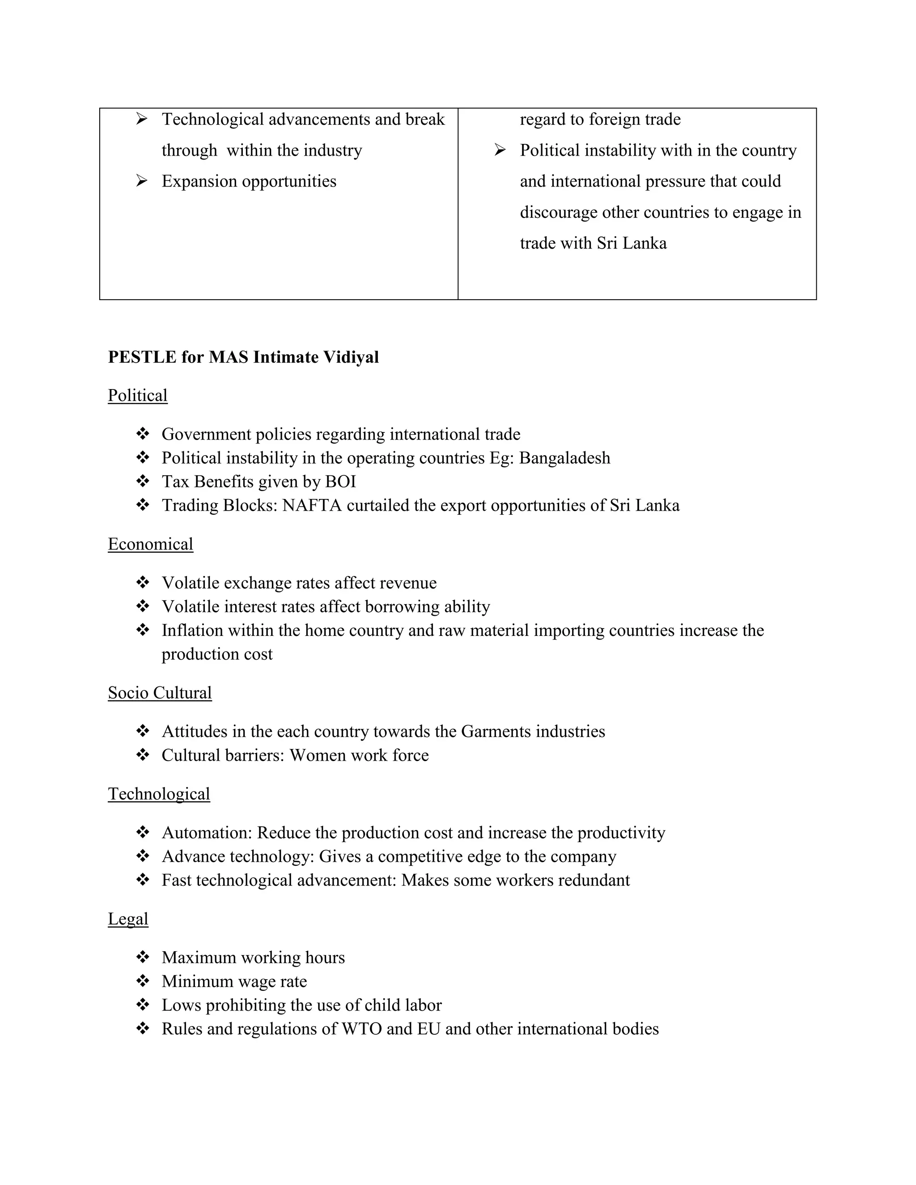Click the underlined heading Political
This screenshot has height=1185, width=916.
(x=137, y=396)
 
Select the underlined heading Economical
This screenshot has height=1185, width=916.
(x=150, y=544)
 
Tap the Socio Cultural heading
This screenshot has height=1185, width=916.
(x=160, y=693)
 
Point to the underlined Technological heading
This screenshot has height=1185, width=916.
(x=158, y=794)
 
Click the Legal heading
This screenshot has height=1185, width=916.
(x=128, y=918)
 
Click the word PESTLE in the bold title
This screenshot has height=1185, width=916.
(x=142, y=357)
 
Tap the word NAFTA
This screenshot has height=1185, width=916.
(x=311, y=506)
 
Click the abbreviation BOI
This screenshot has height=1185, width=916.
(x=340, y=482)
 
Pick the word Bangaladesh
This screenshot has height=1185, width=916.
(x=564, y=458)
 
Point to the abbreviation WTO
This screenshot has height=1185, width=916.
(x=361, y=1029)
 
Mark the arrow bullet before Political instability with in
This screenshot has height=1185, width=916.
(x=500, y=150)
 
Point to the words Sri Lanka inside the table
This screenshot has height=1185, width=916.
(x=632, y=243)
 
